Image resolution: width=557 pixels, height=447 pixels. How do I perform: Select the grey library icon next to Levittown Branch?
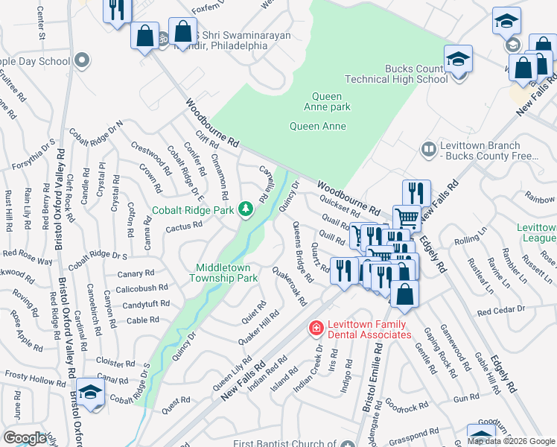click(428, 150)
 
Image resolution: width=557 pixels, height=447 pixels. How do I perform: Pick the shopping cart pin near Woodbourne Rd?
click(406, 218)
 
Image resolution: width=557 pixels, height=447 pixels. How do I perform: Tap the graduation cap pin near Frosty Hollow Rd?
click(89, 393)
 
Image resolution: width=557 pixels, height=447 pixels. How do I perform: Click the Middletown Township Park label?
click(226, 273)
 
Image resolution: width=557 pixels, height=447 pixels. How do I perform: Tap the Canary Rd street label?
click(136, 273)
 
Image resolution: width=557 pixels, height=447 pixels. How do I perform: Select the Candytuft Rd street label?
click(146, 305)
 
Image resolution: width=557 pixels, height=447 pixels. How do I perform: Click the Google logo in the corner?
click(25, 438)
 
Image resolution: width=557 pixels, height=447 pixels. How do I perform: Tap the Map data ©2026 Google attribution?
click(510, 441)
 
